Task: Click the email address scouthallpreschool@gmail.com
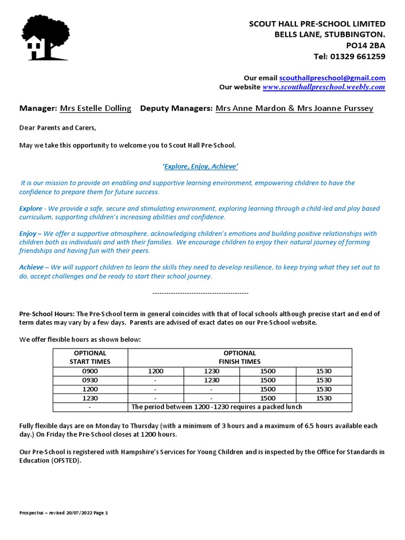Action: point(332,78)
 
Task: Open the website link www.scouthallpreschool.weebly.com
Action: point(324,87)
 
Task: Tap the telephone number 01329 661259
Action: point(357,56)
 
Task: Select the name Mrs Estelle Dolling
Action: point(95,108)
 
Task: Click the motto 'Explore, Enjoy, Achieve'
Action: point(200,167)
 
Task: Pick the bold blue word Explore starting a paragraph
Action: point(31,209)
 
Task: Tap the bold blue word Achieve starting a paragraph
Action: point(31,267)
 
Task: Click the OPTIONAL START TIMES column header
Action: point(90,357)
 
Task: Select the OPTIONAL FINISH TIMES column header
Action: point(239,357)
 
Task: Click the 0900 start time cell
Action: point(90,371)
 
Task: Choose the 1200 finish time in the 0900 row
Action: point(156,371)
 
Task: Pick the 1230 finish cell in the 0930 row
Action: point(211,380)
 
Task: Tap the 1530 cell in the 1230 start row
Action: point(324,398)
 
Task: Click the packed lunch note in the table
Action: point(217,407)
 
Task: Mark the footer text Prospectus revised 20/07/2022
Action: point(63,513)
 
